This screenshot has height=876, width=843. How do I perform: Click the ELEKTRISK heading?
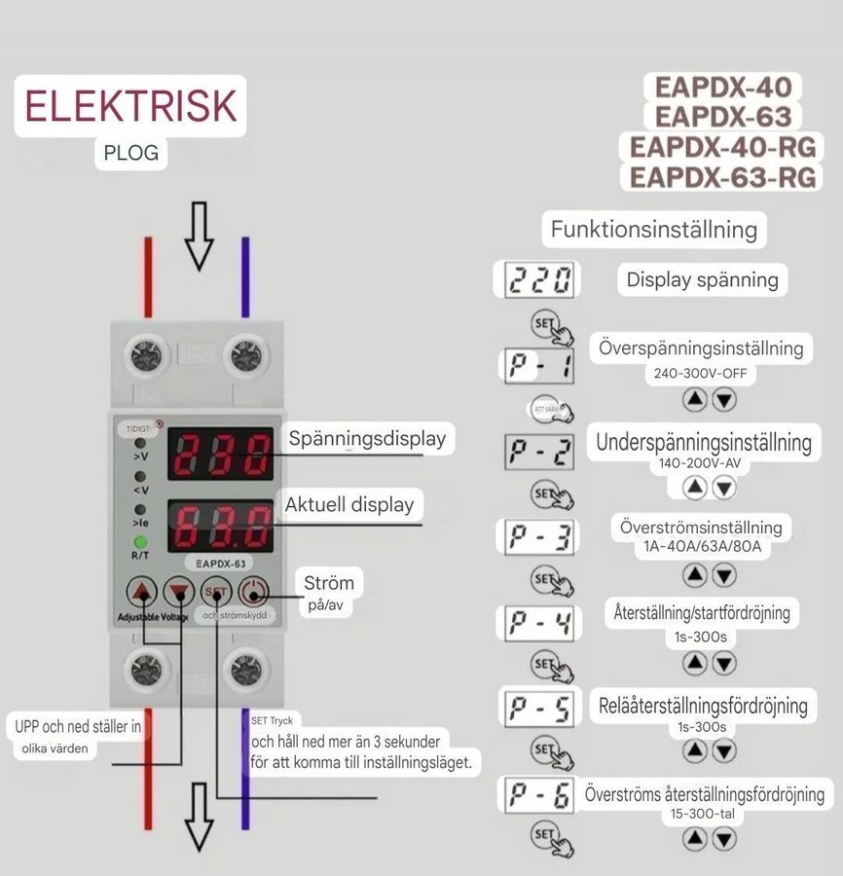click(130, 105)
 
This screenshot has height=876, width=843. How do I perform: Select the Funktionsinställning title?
click(653, 230)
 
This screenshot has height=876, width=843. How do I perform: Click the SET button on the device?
click(215, 591)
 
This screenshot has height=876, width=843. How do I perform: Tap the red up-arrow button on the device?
click(143, 591)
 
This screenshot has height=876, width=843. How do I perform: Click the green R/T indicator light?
click(141, 542)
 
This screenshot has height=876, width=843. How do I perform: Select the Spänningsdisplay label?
click(367, 438)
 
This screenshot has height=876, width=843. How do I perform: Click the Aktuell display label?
click(348, 504)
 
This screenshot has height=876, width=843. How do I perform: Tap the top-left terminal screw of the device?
click(147, 356)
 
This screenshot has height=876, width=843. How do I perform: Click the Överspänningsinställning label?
click(701, 347)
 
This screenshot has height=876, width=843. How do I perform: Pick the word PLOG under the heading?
click(130, 153)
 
